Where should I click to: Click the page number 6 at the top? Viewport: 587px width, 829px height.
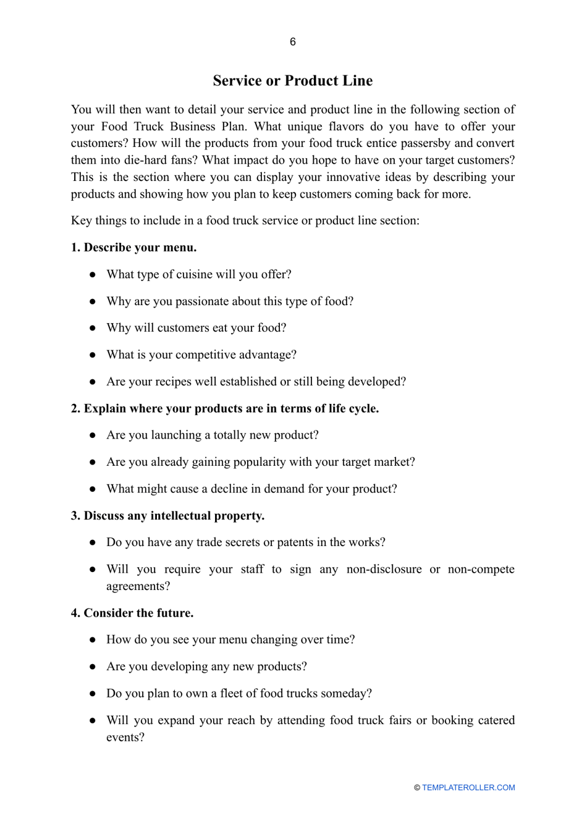click(x=292, y=42)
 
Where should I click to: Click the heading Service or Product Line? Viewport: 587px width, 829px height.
click(x=292, y=81)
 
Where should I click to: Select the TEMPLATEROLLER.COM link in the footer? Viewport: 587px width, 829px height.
click(x=468, y=788)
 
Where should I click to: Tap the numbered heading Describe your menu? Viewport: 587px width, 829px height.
click(x=133, y=248)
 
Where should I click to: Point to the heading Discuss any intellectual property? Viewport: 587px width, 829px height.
click(x=167, y=516)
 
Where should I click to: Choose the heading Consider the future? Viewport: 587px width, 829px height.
click(x=132, y=613)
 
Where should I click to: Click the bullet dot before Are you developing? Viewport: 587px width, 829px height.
click(x=92, y=667)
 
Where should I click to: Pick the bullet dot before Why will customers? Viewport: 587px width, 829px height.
click(x=92, y=328)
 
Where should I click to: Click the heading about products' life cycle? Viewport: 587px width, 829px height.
click(x=225, y=408)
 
